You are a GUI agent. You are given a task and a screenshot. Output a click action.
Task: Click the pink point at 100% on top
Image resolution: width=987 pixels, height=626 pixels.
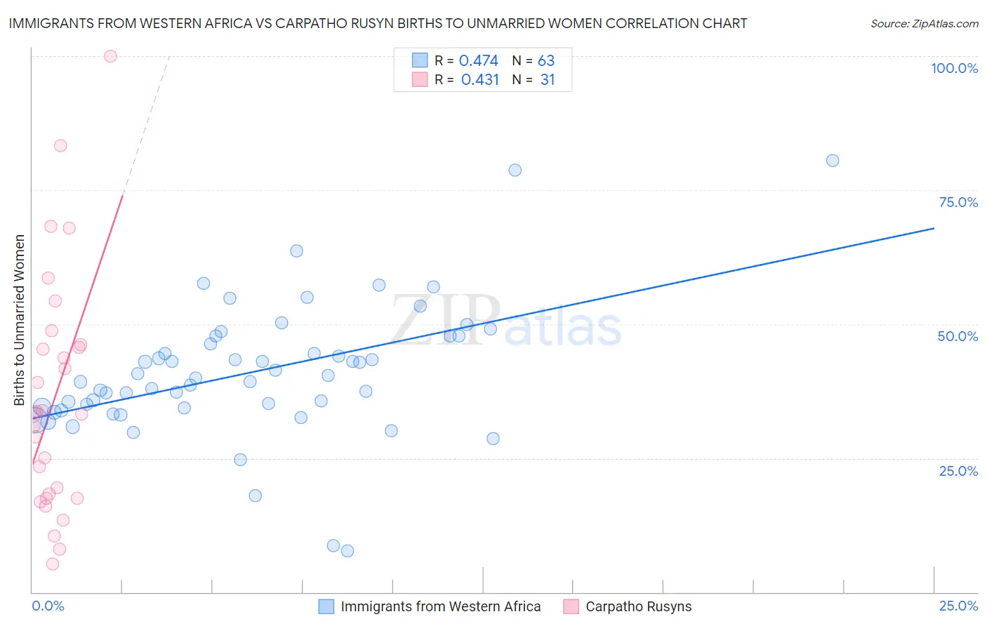point(110,56)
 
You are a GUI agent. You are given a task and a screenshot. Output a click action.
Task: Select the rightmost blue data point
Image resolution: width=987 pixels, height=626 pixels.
point(833,161)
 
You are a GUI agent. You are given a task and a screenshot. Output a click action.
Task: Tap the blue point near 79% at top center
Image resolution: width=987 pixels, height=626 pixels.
point(515,170)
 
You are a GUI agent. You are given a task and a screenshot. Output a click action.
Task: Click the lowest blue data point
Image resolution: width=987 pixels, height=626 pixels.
point(347,551)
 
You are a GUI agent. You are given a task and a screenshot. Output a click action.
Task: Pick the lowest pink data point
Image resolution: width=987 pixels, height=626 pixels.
point(53,564)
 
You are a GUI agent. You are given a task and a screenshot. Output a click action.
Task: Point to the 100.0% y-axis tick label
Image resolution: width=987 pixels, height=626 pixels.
point(954,68)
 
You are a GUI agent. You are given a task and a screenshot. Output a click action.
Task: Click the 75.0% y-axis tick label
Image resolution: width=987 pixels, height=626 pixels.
point(958,202)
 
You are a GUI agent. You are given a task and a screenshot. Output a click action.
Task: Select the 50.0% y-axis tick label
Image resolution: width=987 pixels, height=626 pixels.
point(958,336)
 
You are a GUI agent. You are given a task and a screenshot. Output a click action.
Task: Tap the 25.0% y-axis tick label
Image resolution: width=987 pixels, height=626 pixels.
point(958,471)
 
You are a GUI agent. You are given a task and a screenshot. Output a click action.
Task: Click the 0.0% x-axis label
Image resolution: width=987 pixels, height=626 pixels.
point(48,606)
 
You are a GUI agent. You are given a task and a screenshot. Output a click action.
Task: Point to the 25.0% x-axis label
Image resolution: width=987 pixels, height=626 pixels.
point(958,606)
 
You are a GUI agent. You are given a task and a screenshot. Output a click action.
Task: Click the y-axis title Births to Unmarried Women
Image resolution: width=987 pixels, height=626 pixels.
point(19,320)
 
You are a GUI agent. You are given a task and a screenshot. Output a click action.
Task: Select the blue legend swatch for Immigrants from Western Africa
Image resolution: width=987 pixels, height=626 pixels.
point(326,606)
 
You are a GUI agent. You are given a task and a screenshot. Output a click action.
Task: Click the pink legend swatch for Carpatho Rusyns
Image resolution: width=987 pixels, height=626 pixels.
point(571,606)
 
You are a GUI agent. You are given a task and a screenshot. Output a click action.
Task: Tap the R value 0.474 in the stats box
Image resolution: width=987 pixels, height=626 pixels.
point(478,61)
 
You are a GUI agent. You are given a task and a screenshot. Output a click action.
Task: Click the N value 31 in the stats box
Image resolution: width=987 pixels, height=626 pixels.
point(548,80)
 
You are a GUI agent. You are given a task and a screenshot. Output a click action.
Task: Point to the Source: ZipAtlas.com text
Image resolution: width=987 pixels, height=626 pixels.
point(924,24)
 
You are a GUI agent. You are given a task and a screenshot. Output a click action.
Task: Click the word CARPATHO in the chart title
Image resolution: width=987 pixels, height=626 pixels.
point(307,23)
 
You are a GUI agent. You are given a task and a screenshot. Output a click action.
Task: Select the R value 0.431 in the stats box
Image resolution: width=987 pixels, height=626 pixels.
point(479,80)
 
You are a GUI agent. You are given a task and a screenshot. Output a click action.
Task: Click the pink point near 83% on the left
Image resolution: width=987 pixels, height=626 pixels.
point(60,146)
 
